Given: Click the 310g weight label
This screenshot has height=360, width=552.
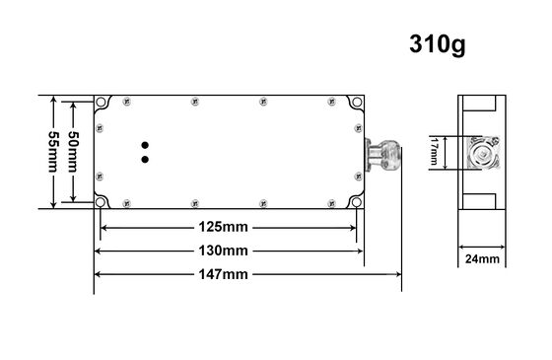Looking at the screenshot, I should (437, 44).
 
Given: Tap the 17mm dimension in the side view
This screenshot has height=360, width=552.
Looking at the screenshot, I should (435, 154).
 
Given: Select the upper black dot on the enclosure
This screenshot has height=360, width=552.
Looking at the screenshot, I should (146, 142).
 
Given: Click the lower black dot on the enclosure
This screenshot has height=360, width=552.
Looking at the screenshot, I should (146, 158).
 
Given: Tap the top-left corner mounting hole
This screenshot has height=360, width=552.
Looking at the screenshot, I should (102, 102).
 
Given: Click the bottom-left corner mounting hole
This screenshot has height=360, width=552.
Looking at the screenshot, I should (102, 203).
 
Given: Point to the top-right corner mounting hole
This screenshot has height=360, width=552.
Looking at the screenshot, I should (357, 102).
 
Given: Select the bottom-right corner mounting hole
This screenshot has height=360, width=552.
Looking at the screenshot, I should (357, 203).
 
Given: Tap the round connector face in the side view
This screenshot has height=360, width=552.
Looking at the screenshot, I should (481, 155).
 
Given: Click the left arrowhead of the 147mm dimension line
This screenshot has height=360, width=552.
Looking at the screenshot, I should (97, 275).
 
